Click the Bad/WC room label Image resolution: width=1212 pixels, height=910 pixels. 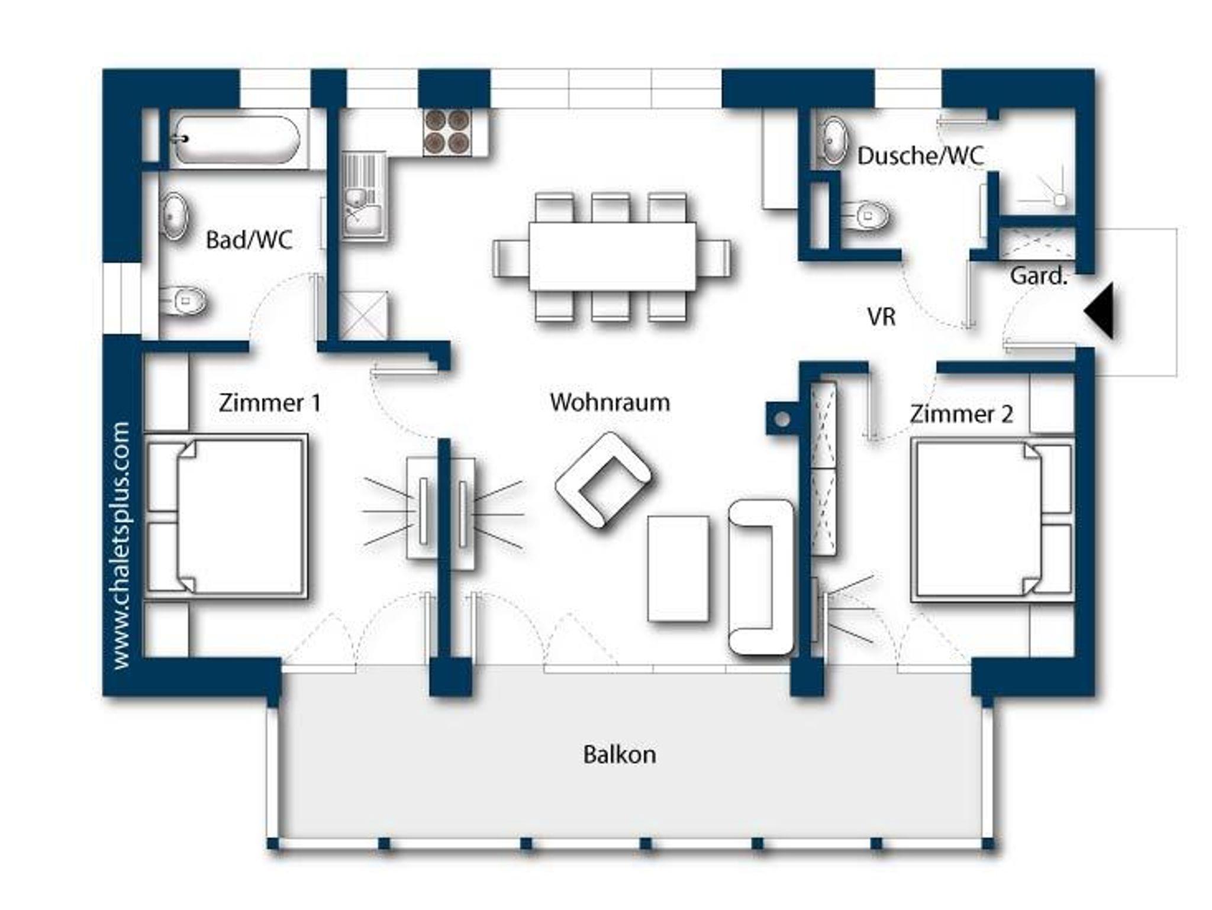[x=249, y=240]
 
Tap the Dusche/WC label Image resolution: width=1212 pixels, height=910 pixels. [x=920, y=156]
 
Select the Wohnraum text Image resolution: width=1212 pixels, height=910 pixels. [x=610, y=402]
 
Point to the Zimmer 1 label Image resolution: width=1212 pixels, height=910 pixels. [x=270, y=403]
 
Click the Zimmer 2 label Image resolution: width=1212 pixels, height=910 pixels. [x=961, y=414]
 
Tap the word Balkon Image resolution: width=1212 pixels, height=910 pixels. [x=620, y=754]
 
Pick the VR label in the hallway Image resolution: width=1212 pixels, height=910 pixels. [x=881, y=317]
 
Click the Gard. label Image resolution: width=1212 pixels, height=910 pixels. [x=1039, y=276]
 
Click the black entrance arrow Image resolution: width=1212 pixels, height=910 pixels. [x=1099, y=311]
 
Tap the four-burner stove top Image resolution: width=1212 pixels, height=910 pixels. [x=447, y=132]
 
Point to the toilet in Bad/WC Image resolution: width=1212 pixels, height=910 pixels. [x=184, y=301]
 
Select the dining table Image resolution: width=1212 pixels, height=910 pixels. [x=612, y=256]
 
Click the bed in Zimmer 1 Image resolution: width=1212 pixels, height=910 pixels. [x=226, y=517]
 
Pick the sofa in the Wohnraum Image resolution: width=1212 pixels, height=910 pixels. [x=761, y=577]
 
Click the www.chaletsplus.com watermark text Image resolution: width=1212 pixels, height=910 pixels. [x=121, y=546]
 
